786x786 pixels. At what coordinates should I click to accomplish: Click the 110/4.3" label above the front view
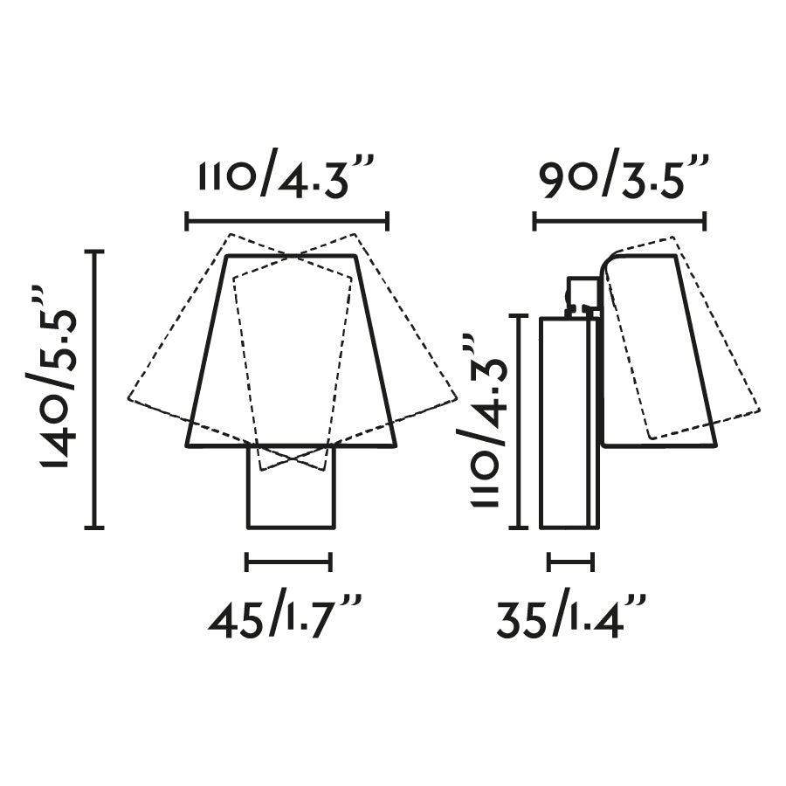[287, 179]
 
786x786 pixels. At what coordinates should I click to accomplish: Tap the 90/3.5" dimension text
[623, 179]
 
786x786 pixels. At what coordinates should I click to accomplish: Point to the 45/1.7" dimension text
[286, 617]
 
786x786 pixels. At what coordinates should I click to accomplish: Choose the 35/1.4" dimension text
[572, 617]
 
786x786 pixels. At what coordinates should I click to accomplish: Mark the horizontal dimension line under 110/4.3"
[287, 222]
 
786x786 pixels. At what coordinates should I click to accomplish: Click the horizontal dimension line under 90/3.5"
[619, 222]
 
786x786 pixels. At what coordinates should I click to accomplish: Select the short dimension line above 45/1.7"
[289, 562]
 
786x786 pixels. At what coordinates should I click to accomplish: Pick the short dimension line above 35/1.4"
[571, 562]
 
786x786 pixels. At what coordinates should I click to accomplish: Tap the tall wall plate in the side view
[566, 424]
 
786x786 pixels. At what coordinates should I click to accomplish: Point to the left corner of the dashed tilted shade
[129, 399]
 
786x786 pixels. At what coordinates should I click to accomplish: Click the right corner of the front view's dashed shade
[456, 399]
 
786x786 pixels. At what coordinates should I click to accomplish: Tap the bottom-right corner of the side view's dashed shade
[759, 409]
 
